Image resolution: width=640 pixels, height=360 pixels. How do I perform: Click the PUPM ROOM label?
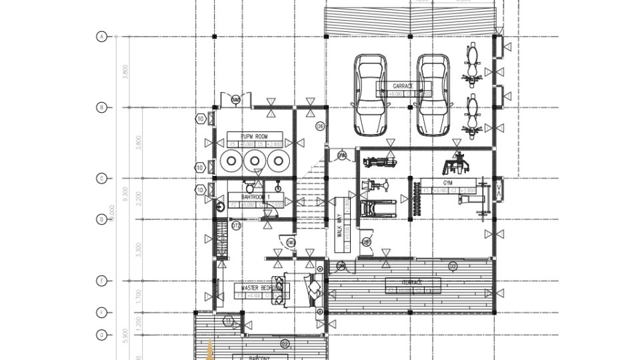(254, 136)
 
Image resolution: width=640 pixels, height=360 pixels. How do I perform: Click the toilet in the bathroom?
(220, 207)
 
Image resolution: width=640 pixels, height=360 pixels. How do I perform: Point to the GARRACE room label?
(403, 86)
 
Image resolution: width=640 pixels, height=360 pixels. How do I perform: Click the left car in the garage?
(370, 93)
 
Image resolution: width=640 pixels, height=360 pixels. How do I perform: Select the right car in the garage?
(433, 93)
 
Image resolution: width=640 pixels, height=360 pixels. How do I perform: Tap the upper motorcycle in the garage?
(473, 65)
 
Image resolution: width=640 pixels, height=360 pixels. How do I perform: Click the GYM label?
(447, 183)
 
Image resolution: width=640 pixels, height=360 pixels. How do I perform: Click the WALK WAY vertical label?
(339, 225)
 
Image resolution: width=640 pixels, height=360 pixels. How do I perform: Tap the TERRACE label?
(413, 283)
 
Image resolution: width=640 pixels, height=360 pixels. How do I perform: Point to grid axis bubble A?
(102, 37)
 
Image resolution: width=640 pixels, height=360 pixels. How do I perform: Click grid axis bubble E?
(102, 281)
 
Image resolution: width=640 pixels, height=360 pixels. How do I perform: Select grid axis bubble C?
(102, 178)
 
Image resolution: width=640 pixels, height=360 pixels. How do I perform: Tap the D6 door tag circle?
(320, 125)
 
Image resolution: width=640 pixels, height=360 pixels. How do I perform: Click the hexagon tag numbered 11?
(228, 322)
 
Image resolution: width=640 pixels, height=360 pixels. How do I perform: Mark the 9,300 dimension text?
(124, 194)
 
